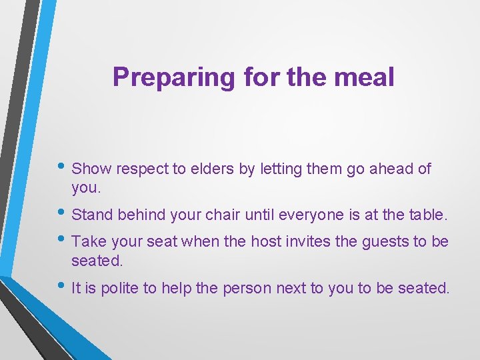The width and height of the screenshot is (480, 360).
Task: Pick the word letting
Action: click(x=281, y=169)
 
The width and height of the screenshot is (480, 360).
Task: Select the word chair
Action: click(x=220, y=215)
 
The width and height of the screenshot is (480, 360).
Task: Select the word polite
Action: click(x=127, y=288)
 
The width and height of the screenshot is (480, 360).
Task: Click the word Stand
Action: click(x=92, y=215)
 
